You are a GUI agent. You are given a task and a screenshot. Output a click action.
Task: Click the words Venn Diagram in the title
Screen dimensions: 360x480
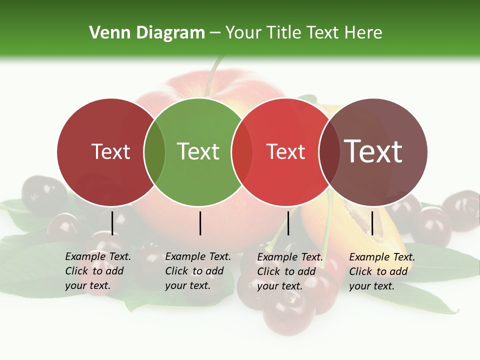(147, 33)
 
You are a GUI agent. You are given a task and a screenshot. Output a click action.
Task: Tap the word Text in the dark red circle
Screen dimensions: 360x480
(110, 151)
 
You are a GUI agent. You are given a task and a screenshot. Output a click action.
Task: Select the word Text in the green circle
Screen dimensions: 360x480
(198, 151)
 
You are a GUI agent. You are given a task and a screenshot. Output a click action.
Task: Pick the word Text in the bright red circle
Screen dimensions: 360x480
(285, 151)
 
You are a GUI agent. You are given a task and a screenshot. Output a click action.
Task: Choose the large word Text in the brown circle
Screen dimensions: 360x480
(373, 151)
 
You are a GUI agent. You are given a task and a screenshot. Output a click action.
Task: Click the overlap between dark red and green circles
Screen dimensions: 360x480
(154, 152)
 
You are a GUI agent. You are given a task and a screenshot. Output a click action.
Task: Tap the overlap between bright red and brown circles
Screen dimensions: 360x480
(329, 152)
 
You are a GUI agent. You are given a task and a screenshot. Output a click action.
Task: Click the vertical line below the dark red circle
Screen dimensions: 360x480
(112, 223)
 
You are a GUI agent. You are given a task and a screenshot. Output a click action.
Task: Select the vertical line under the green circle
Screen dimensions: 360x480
(200, 223)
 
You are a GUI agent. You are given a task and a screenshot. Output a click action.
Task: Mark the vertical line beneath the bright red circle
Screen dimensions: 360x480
(288, 223)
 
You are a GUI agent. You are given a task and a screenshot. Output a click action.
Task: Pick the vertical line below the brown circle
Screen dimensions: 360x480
(372, 223)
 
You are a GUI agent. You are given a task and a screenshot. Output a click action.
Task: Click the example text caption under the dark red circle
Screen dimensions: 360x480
(98, 271)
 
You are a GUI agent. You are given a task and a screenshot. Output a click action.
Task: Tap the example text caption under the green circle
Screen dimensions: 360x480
(198, 271)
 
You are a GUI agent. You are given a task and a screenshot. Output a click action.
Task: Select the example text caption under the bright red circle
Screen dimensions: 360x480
(290, 271)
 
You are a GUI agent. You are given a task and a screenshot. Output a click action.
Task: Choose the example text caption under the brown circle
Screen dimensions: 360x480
(382, 271)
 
